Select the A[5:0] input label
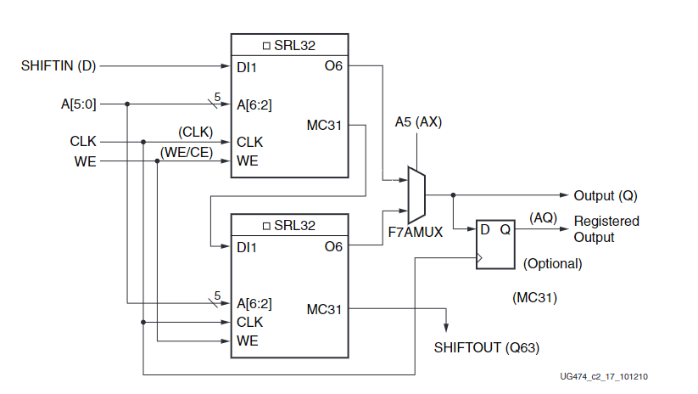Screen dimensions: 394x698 [x=78, y=104]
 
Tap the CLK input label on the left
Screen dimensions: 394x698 [x=83, y=141]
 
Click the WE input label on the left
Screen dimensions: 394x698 [x=85, y=160]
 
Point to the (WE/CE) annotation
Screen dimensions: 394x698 [x=186, y=151]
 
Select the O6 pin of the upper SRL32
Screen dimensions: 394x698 [x=332, y=65]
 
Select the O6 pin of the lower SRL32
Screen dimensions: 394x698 [x=332, y=246]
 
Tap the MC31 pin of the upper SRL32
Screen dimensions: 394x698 [x=324, y=126]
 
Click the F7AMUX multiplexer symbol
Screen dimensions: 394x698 [x=416, y=194]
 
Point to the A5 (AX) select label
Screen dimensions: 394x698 [x=418, y=122]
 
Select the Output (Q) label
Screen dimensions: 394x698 [x=605, y=195]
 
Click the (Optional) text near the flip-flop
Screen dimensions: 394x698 [x=552, y=263]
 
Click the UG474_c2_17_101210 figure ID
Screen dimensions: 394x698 [x=610, y=377]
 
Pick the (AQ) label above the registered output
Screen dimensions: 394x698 [x=543, y=217]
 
